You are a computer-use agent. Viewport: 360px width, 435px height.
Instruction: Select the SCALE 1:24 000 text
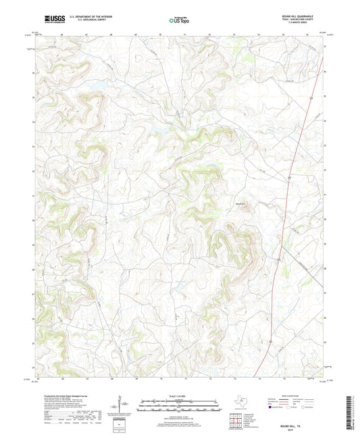click(180, 395)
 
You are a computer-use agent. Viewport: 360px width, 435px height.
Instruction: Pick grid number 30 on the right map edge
click(325, 219)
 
